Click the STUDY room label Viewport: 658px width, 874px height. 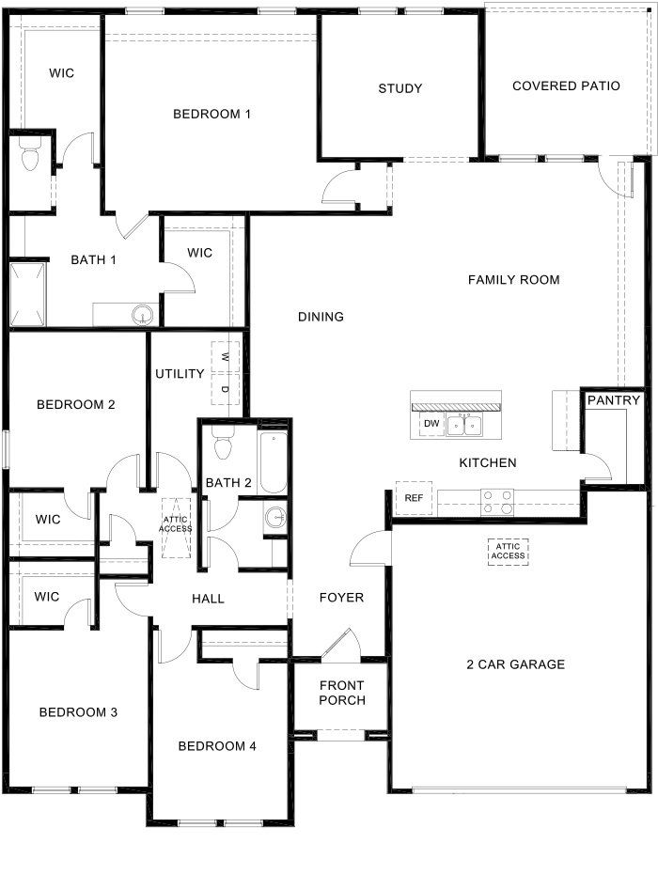click(x=400, y=88)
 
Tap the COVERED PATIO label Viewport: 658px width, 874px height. click(x=566, y=86)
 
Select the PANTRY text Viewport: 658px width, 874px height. click(x=614, y=400)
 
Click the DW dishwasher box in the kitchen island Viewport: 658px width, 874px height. click(x=431, y=425)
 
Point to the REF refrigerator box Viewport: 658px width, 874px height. click(x=414, y=498)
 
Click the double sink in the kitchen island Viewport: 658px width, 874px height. click(x=465, y=425)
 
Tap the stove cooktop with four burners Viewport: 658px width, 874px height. click(x=498, y=501)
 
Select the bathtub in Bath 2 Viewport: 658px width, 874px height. click(x=274, y=462)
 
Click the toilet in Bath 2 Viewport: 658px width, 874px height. click(x=222, y=445)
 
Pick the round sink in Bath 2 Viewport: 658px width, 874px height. click(x=274, y=516)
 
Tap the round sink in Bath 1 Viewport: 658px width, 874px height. click(x=142, y=315)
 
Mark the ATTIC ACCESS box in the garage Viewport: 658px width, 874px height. click(x=508, y=551)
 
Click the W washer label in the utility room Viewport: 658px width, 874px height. click(x=226, y=357)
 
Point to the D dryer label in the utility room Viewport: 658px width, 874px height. click(x=226, y=389)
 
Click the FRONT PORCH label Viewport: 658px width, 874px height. click(x=341, y=693)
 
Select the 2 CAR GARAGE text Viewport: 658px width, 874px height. click(x=515, y=664)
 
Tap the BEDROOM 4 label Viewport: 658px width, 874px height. click(x=217, y=746)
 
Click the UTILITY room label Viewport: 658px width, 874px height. click(x=180, y=374)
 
